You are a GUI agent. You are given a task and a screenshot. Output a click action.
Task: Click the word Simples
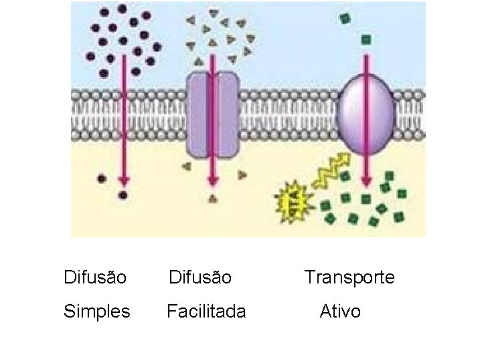96,312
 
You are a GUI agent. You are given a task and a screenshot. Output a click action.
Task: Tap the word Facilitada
206,312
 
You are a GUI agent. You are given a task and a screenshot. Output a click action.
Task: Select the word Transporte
349,277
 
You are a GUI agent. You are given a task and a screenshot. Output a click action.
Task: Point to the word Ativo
340,312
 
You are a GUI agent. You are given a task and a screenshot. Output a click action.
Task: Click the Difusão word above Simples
94,277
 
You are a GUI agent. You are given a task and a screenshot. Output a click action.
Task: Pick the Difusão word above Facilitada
199,277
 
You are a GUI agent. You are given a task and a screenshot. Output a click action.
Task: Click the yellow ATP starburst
293,197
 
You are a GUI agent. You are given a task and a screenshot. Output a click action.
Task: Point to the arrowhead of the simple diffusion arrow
123,180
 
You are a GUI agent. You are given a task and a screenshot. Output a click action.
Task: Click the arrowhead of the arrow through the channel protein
213,180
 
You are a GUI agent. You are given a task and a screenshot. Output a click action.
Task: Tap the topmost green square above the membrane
345,19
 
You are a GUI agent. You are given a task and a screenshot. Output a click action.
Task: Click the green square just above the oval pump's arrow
366,40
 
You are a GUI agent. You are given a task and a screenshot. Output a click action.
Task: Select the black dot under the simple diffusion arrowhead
123,196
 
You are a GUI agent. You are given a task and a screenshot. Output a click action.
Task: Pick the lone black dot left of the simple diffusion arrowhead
102,178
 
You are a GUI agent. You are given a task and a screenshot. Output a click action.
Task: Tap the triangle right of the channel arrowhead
242,175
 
